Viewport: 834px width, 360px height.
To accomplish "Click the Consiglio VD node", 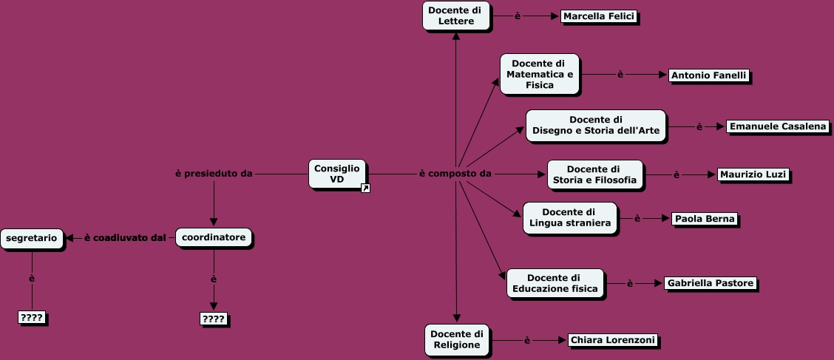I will pos(336,174).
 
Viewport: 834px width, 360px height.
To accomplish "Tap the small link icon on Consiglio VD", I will pos(365,189).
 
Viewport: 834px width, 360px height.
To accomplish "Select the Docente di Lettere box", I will pos(455,16).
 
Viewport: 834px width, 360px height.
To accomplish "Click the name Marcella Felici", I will pos(598,16).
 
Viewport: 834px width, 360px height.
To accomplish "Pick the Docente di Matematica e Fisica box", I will pos(539,74).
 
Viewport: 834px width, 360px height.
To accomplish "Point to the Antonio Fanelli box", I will pos(709,75).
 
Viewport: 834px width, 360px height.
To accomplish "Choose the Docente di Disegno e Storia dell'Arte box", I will pos(595,126).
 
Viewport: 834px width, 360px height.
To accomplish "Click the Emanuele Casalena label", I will pos(778,126).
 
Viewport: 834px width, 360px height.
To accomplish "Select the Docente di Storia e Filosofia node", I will pos(594,174).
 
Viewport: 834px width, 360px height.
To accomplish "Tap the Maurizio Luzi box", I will pos(753,175).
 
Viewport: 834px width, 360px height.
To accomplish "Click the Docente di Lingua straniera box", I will pos(569,218).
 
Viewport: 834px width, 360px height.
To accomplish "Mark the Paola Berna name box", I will pos(704,219).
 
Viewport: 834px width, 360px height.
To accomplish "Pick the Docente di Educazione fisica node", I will pos(554,283).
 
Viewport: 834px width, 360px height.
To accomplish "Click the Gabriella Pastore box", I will pos(710,283).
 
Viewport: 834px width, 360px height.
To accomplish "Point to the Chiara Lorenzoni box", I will pos(612,341).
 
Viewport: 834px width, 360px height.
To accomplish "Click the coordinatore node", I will pos(214,237).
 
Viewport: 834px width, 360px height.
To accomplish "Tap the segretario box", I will pos(32,238).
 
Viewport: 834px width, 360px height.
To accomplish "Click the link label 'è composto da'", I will pos(455,174).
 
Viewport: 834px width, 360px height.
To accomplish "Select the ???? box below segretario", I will pos(32,318).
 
